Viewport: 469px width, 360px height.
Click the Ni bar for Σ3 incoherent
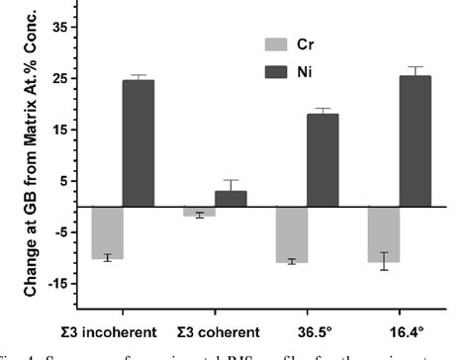coord(139,143)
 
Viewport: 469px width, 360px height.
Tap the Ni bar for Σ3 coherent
coord(231,199)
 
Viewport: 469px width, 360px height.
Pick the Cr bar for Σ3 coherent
coord(199,211)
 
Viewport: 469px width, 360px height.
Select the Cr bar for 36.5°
coord(291,234)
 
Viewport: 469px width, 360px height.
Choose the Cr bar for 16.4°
coord(383,234)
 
